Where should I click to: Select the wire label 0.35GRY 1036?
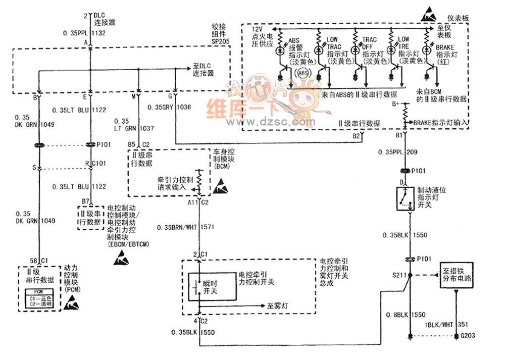169,107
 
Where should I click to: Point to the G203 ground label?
468,336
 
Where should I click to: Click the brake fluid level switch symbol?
403,197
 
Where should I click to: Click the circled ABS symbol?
304,73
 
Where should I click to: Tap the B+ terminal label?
396,104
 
